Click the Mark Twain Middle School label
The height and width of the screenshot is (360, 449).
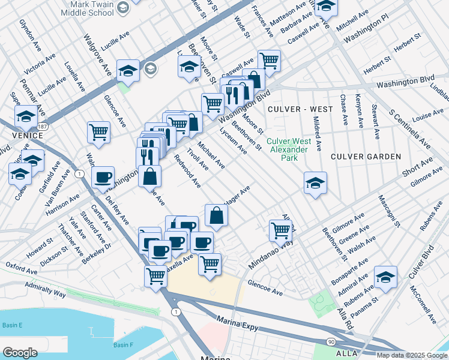click(88, 8)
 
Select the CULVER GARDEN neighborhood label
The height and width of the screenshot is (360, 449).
click(366, 157)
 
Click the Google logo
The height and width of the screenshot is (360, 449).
click(20, 353)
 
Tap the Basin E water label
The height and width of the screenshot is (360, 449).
click(12, 325)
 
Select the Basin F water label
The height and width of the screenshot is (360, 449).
click(123, 345)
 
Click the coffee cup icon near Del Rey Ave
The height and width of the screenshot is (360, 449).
click(103, 178)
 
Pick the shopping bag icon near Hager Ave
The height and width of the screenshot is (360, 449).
click(216, 215)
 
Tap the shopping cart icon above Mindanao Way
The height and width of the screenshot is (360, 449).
click(280, 229)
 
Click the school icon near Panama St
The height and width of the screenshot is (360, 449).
click(385, 277)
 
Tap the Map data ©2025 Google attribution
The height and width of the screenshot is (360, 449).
click(412, 355)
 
